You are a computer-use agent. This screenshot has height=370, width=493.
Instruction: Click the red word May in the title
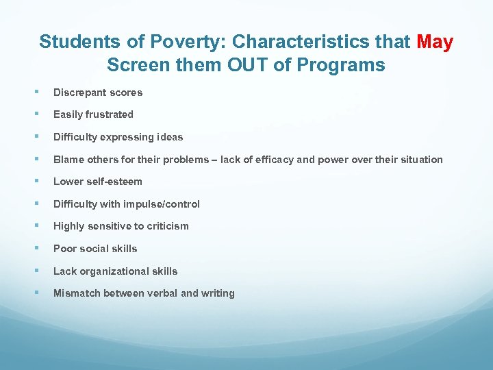pyautogui.click(x=435, y=42)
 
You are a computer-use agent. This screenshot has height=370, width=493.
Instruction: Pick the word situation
pyautogui.click(x=419, y=160)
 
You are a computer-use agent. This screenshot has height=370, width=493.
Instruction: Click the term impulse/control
pyautogui.click(x=165, y=204)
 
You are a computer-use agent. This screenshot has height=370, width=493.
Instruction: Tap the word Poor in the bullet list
pyautogui.click(x=64, y=249)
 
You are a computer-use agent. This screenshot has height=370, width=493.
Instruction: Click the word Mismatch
pyautogui.click(x=77, y=293)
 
